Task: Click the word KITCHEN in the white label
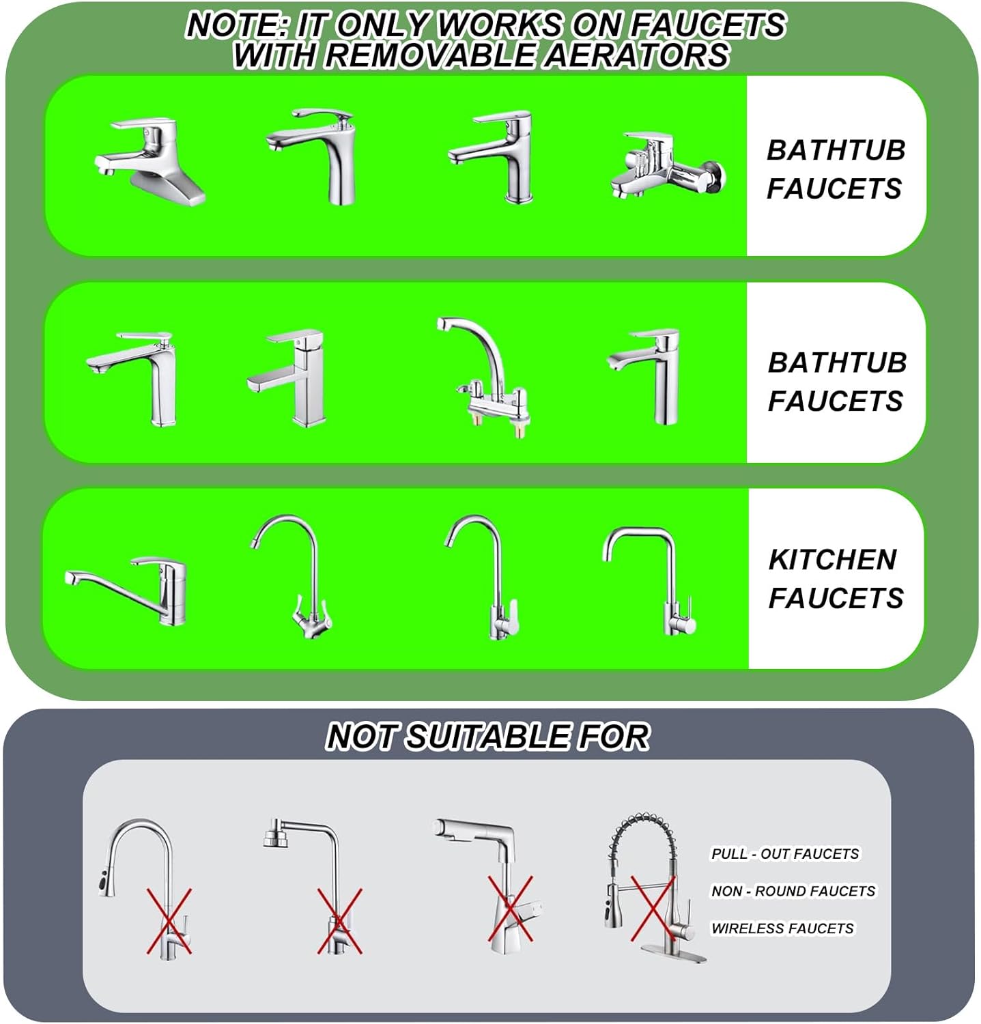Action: click(x=832, y=559)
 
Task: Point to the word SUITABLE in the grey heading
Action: click(x=486, y=737)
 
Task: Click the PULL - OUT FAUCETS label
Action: click(x=785, y=853)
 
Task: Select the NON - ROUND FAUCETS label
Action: click(x=793, y=891)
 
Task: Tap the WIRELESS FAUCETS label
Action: click(x=782, y=928)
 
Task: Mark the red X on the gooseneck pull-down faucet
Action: click(x=169, y=921)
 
